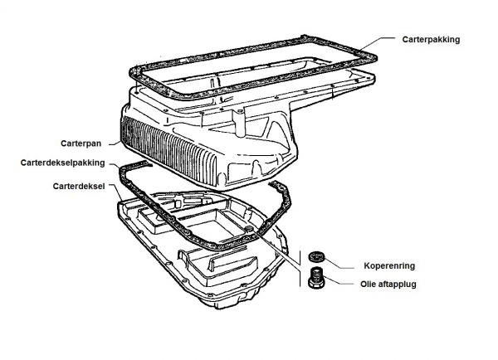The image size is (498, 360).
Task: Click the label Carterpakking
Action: [431, 40]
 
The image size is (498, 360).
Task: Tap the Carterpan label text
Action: [81, 144]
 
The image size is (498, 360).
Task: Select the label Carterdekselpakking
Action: [62, 163]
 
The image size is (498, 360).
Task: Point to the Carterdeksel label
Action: [79, 186]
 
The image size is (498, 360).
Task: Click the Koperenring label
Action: [389, 265]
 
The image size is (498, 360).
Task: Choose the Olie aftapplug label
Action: [388, 285]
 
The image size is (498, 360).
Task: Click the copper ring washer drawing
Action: [315, 256]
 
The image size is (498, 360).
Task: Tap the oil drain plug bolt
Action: [315, 278]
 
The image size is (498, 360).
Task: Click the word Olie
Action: [368, 285]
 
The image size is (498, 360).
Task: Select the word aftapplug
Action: [397, 285]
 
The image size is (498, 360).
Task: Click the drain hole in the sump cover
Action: [250, 229]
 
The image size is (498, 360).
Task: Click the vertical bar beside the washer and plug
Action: [300, 269]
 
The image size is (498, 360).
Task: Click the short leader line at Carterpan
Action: [115, 144]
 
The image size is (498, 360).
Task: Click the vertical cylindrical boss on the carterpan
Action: [240, 123]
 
